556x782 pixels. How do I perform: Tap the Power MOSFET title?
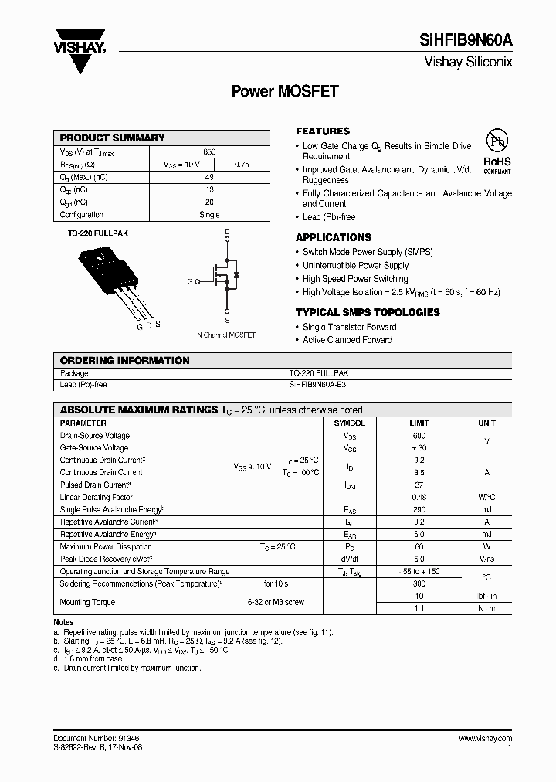(x=285, y=91)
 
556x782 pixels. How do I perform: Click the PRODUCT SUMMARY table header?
(x=113, y=138)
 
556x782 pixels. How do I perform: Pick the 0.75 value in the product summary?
(x=241, y=165)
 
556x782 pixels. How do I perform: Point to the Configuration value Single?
(x=209, y=215)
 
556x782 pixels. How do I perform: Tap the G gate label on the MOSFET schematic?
(x=189, y=282)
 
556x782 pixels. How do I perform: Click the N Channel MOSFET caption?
(x=226, y=335)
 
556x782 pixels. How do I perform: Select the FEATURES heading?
(x=323, y=131)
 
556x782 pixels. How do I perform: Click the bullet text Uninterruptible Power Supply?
(x=355, y=265)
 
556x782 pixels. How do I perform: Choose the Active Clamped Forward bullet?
(x=347, y=340)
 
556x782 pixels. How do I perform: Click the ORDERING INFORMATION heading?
(x=124, y=360)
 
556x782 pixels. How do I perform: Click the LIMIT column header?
(x=419, y=423)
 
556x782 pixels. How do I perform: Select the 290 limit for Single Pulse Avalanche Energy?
(x=419, y=510)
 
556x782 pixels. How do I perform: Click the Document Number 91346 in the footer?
(x=97, y=739)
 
